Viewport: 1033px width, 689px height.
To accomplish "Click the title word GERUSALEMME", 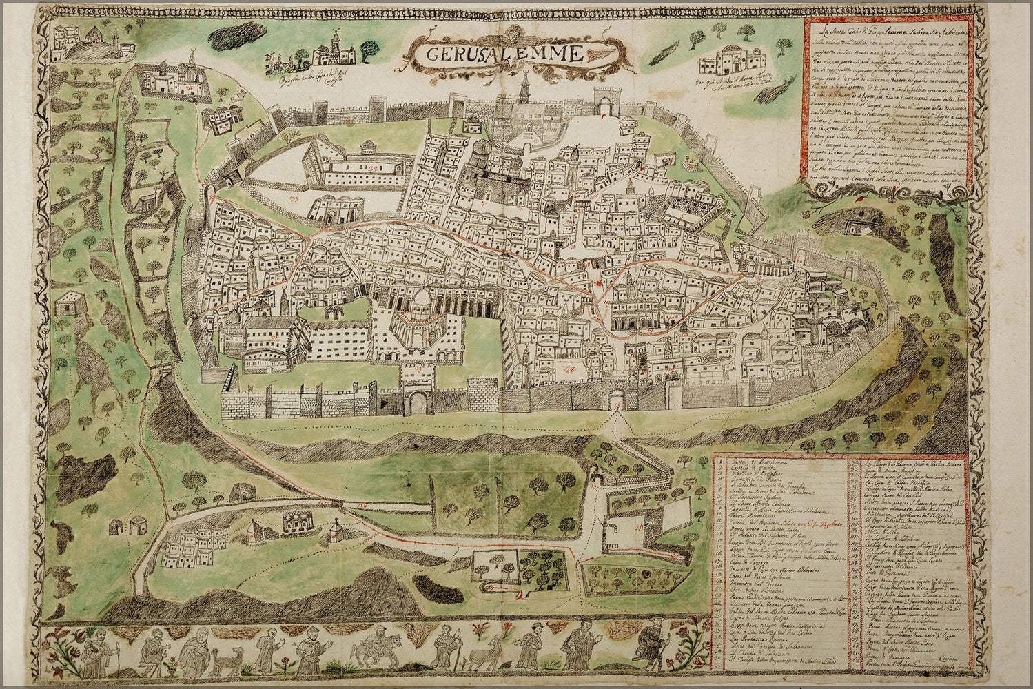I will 495,54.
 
